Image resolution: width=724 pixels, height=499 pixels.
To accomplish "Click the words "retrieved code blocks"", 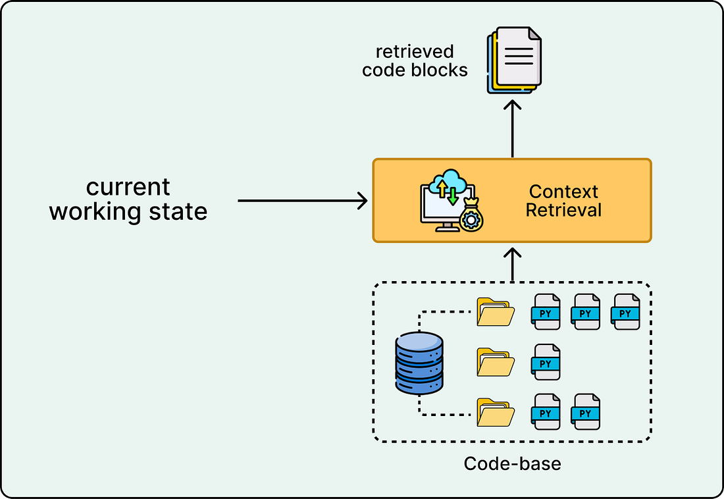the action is tap(415, 61).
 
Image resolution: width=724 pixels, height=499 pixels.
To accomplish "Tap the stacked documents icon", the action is tap(514, 60).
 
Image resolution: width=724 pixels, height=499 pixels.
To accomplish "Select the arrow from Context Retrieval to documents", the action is tap(512, 128).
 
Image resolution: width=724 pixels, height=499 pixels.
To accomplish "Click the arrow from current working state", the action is tap(303, 201).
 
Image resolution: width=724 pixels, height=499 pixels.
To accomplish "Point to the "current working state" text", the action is tap(128, 199).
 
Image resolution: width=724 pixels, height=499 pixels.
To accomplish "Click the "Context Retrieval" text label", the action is tap(563, 201).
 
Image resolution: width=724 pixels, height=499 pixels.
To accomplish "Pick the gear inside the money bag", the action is tap(471, 220).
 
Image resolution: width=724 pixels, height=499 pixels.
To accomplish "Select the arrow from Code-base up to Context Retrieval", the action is tap(512, 264).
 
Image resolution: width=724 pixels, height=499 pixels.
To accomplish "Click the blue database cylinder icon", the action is tap(419, 363).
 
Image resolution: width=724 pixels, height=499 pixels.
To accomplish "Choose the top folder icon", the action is tap(496, 312).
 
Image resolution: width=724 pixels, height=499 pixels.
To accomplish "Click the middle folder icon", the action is tap(496, 362).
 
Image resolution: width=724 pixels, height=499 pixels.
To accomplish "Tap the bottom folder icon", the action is tap(496, 412).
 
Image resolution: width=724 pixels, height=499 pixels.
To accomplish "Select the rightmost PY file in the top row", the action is tap(625, 312).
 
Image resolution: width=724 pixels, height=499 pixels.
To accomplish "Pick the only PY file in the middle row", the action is tap(546, 362).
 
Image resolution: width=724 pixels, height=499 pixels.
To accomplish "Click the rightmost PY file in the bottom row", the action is tap(586, 411).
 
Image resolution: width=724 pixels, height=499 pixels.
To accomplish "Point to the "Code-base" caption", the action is tap(513, 463).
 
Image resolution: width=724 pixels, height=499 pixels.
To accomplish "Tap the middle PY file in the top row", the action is tap(586, 312).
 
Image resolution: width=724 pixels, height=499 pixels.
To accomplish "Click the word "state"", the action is tap(178, 212).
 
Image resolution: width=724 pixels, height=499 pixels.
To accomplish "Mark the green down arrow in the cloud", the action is tap(453, 196).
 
